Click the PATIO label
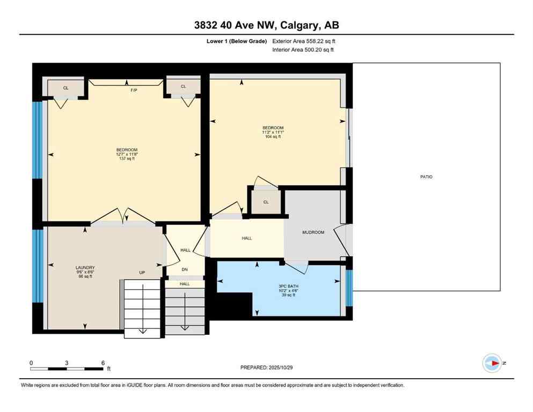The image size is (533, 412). coord(426,176)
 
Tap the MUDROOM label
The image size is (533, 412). coord(313,232)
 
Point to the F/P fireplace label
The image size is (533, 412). coord(134,91)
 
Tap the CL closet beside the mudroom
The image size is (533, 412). coord(266,202)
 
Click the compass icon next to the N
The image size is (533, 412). coord(492,363)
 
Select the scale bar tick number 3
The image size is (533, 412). coord(67,363)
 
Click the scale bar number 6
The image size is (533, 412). coord(102,363)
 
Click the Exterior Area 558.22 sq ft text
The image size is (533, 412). coord(304,41)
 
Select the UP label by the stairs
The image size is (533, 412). coord(142,273)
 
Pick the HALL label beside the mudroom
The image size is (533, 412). coord(246,238)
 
